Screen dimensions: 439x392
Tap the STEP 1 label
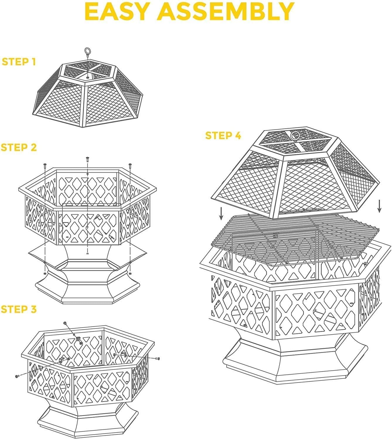coord(19,62)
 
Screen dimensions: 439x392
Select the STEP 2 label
coord(19,148)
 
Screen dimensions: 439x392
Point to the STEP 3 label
coord(19,309)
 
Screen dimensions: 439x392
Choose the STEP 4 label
coord(223,136)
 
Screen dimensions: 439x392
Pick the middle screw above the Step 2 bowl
coord(87,160)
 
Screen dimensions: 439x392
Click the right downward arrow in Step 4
coord(379,206)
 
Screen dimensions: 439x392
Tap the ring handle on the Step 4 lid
coord(295,136)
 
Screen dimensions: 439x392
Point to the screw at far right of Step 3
coord(158,358)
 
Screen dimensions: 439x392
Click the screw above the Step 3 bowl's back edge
coord(65,323)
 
